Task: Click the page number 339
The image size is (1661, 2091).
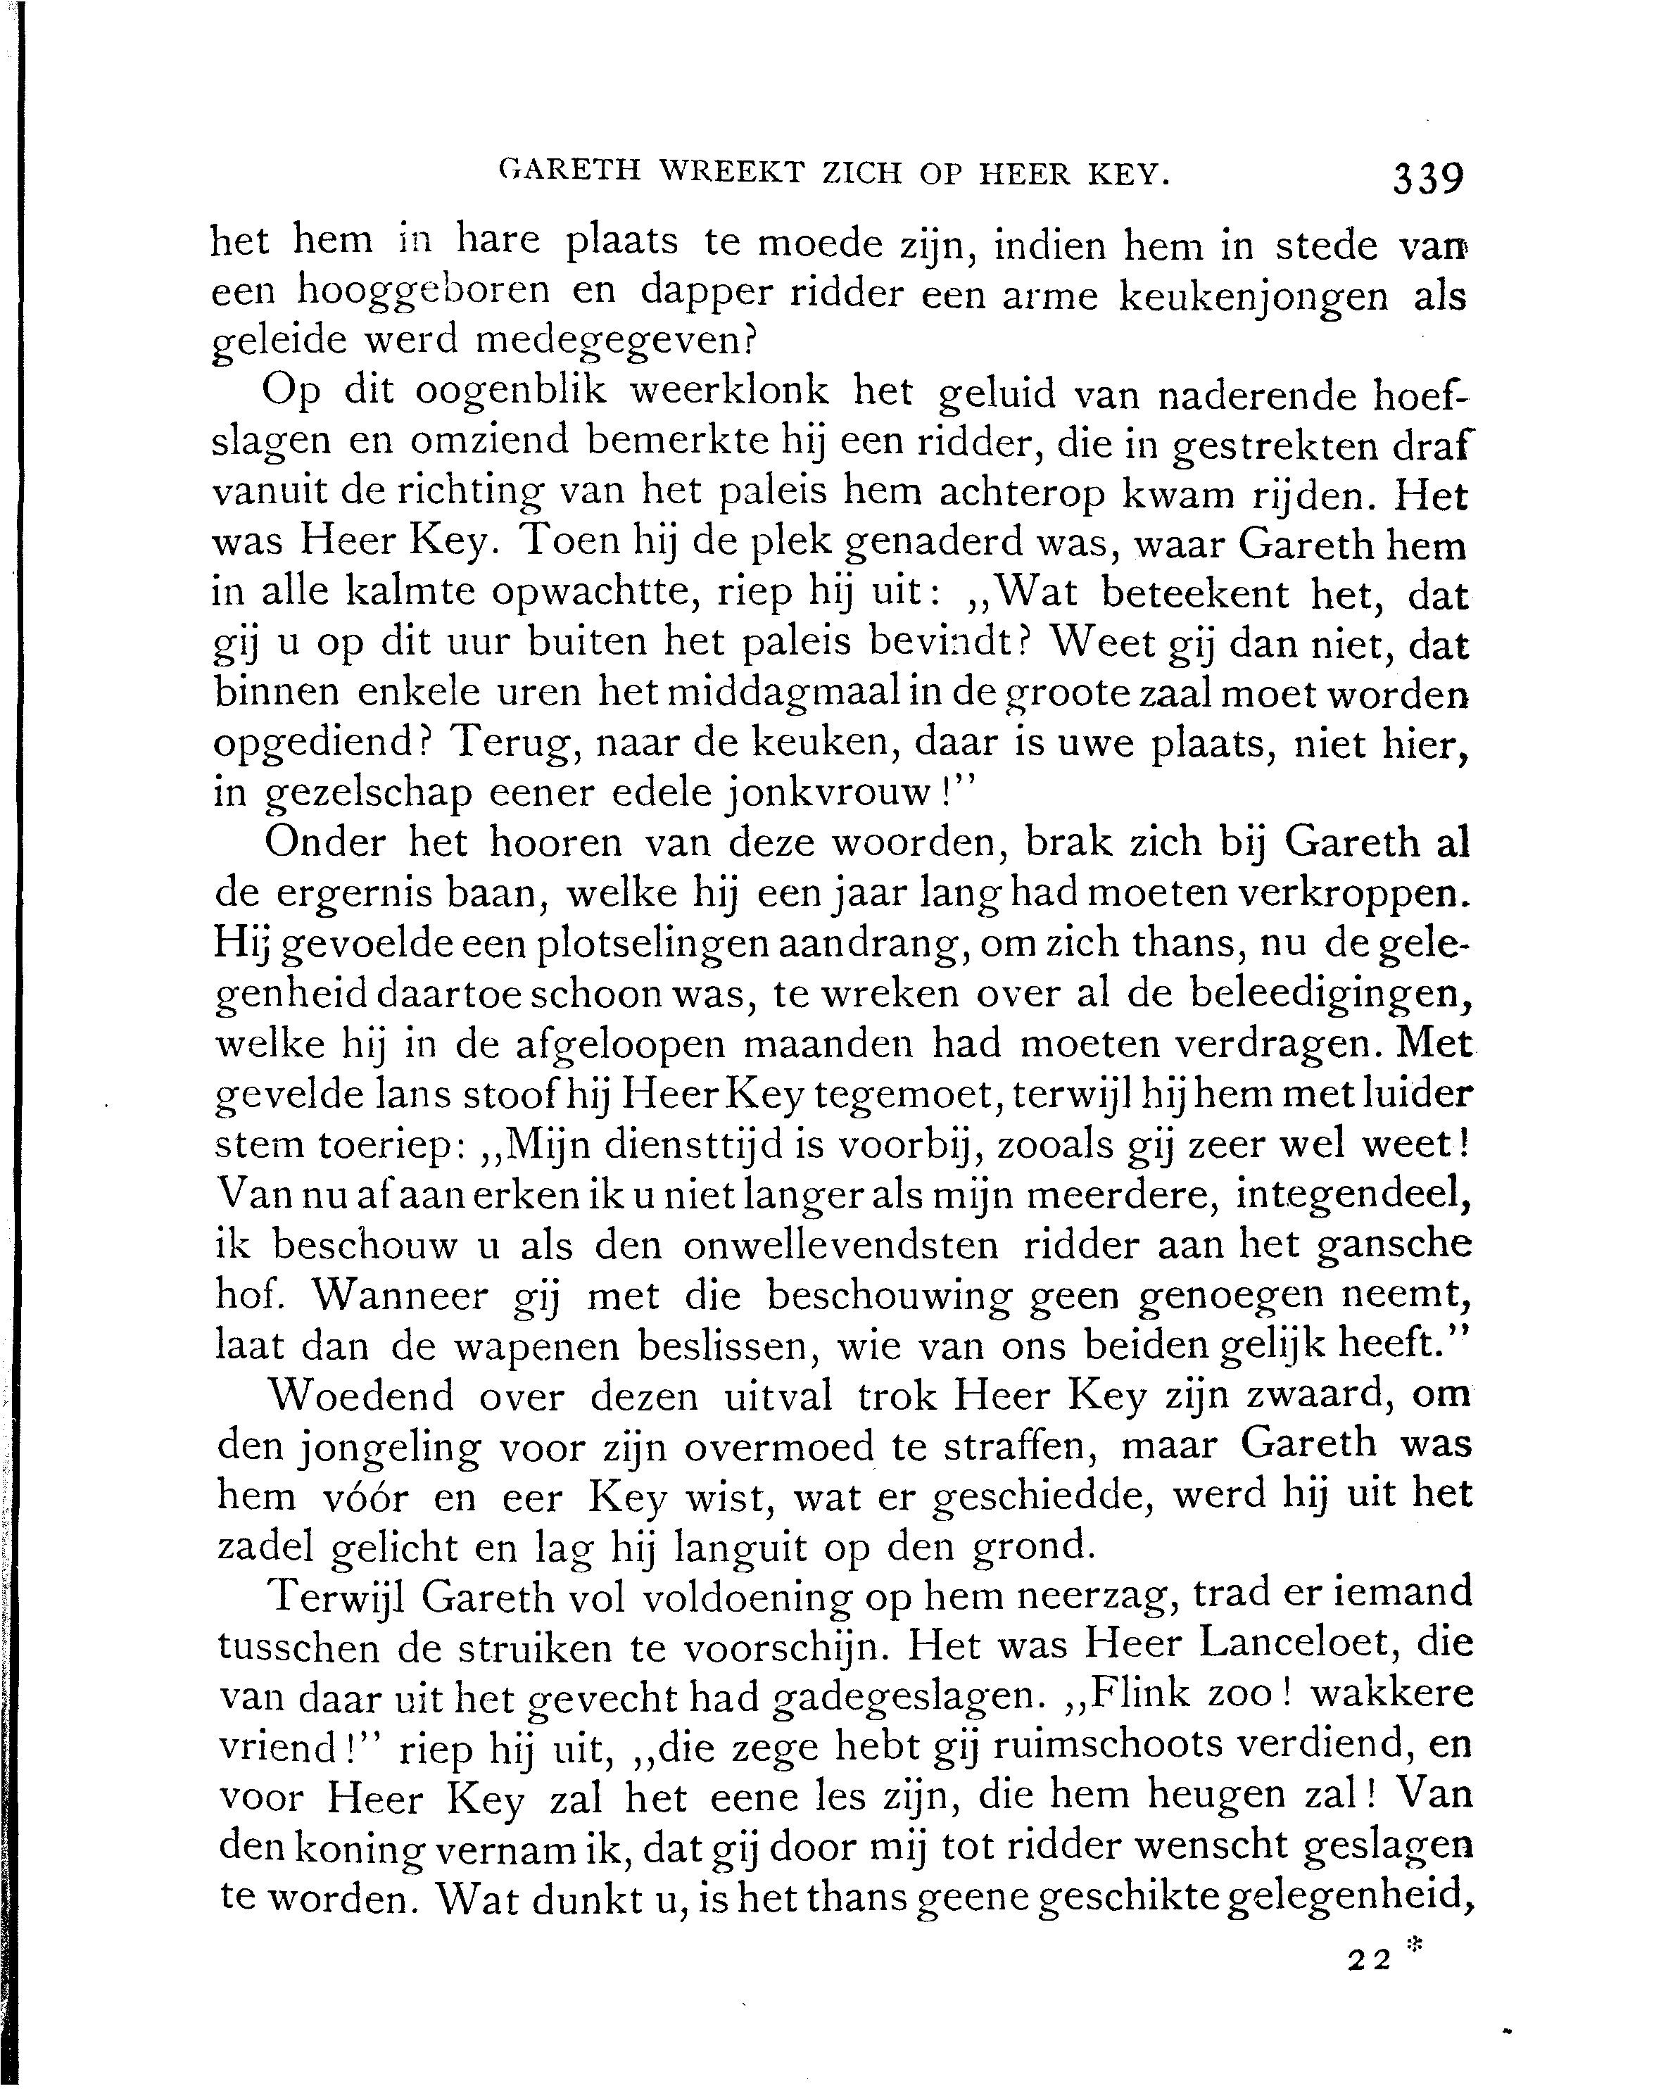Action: click(x=1427, y=179)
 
